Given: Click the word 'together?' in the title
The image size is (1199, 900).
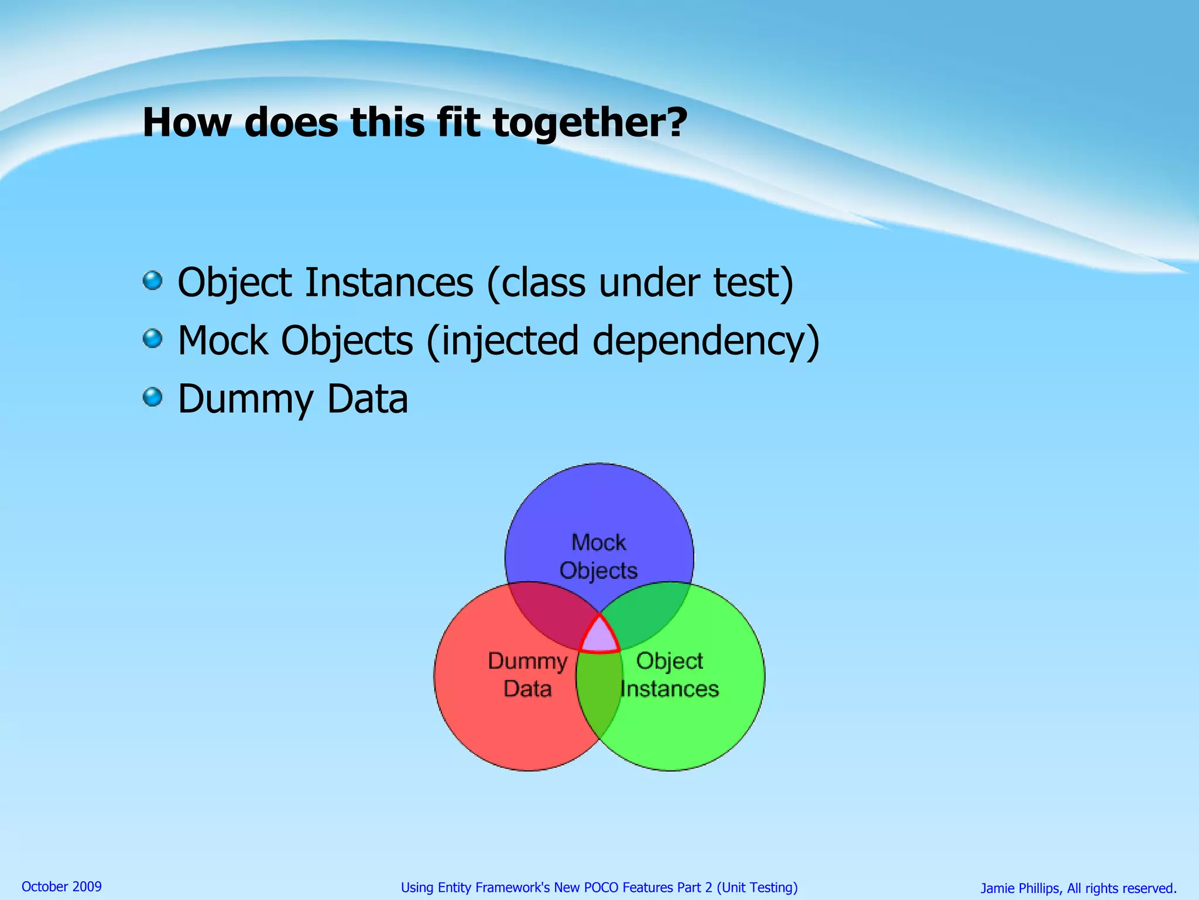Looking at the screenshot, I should pos(590,123).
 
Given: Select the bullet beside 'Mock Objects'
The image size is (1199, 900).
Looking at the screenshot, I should pos(153,338).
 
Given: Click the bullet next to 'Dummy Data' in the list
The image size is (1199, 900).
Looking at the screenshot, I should pos(153,397).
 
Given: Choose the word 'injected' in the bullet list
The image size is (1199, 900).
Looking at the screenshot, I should pos(509,341).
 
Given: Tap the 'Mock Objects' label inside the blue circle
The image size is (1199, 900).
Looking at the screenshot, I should pos(598,556).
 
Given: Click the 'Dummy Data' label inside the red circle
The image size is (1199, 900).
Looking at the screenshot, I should pos(527,674).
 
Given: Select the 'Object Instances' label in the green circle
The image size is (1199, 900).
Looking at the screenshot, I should pos(669,674).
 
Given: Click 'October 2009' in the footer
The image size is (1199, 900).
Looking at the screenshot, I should pos(61,887).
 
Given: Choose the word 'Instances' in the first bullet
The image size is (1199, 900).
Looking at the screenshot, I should pos(389,282).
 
